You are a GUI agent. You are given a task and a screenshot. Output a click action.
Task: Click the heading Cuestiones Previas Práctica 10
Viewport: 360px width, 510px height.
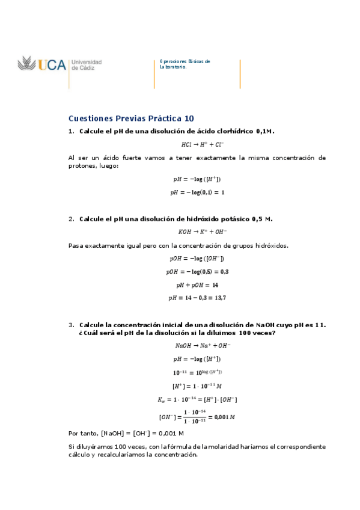(x=131, y=118)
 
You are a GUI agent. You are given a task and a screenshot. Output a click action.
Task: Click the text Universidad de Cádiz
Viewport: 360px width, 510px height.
(x=86, y=65)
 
